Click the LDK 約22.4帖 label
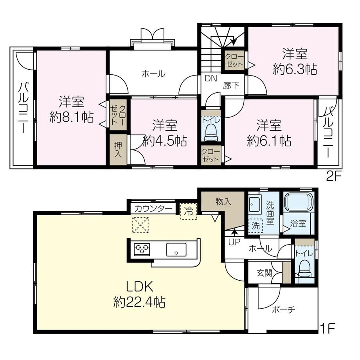139,294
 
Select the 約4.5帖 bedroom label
165,141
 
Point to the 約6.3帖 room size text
295,69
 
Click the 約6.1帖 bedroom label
269,141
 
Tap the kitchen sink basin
176,250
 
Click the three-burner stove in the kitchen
142,249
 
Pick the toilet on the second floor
211,133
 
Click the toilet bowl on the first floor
304,268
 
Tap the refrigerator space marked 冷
189,211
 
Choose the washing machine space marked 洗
255,226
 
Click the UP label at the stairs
234,242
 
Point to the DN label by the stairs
211,79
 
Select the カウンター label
153,209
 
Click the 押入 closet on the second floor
118,150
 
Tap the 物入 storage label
223,202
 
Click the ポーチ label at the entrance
283,310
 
